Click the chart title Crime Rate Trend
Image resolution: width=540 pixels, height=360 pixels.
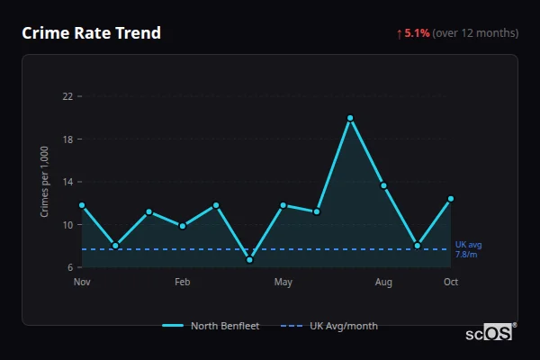click(91, 33)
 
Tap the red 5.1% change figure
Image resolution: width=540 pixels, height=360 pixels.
click(417, 33)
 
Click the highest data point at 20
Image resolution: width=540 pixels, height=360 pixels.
click(350, 118)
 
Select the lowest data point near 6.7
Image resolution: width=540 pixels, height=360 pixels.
click(249, 260)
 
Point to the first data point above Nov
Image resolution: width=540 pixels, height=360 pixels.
click(82, 205)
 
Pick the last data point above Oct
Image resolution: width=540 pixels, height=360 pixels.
click(451, 199)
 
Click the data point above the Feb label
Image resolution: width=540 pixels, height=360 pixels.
click(183, 226)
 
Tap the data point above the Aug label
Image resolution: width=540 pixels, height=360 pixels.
click(383, 185)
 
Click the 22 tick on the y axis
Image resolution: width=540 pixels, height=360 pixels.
click(67, 95)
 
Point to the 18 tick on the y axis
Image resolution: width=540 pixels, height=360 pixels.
click(67, 139)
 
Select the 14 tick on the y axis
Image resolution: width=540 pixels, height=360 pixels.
click(67, 182)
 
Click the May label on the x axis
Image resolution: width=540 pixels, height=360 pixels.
click(283, 283)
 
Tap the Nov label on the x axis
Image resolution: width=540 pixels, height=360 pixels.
click(82, 283)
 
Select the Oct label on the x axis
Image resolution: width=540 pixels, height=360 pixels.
click(451, 283)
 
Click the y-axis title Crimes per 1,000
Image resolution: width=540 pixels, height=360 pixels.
click(44, 182)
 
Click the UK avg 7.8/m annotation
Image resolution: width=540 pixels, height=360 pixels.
click(468, 249)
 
